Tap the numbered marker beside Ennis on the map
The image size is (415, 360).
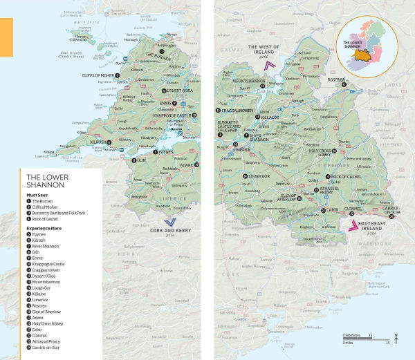click(174, 104)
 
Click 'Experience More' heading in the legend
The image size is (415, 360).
click(46, 227)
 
